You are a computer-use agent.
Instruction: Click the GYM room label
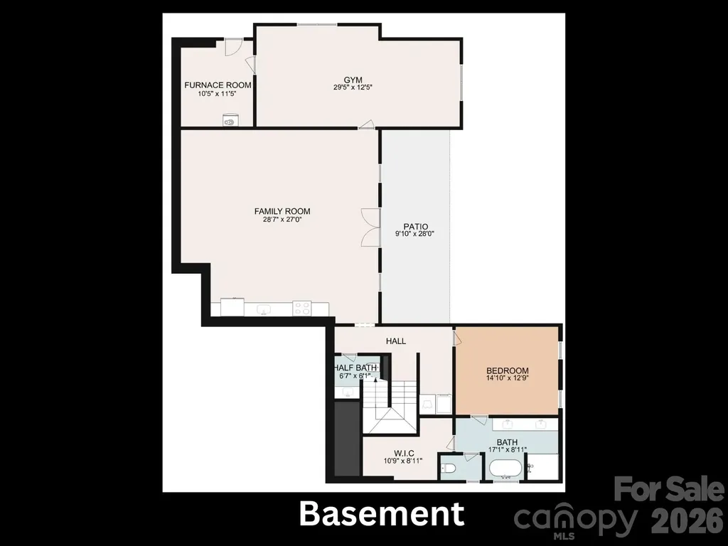pyautogui.click(x=353, y=80)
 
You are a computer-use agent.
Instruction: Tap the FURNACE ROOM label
pyautogui.click(x=218, y=85)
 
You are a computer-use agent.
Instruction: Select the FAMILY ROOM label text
pyautogui.click(x=282, y=212)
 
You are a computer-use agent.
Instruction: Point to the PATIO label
pyautogui.click(x=415, y=227)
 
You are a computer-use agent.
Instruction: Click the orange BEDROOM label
pyautogui.click(x=508, y=371)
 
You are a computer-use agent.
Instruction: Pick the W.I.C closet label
pyautogui.click(x=404, y=454)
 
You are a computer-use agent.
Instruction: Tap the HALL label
pyautogui.click(x=396, y=341)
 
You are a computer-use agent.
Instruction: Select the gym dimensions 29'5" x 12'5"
pyautogui.click(x=353, y=87)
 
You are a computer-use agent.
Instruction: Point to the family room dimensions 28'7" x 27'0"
pyautogui.click(x=282, y=219)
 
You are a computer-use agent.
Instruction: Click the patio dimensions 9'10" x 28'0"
pyautogui.click(x=415, y=234)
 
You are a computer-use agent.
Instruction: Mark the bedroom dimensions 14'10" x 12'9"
pyautogui.click(x=508, y=378)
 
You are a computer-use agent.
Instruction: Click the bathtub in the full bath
pyautogui.click(x=506, y=469)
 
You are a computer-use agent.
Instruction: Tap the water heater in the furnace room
pyautogui.click(x=230, y=119)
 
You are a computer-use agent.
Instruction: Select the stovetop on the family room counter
pyautogui.click(x=301, y=309)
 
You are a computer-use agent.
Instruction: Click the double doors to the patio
pyautogui.click(x=370, y=227)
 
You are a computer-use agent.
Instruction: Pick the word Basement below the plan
pyautogui.click(x=382, y=514)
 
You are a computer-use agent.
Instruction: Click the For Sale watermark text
pyautogui.click(x=669, y=489)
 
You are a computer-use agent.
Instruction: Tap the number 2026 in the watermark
pyautogui.click(x=687, y=520)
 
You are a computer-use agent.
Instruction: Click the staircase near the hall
pyautogui.click(x=390, y=406)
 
